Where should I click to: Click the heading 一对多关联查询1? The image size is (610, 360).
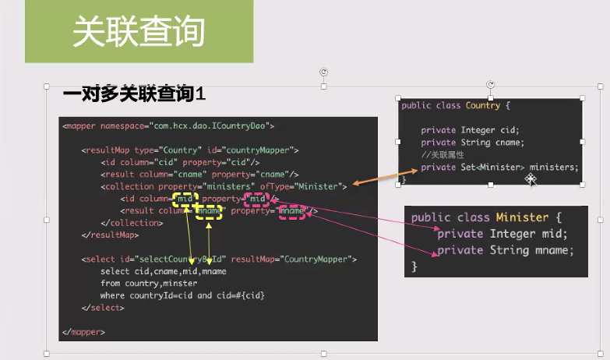[x=133, y=94]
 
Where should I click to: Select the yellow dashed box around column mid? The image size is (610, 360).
[x=185, y=199]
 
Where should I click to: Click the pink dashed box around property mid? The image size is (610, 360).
[x=258, y=199]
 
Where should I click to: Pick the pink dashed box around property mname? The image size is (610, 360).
[x=292, y=211]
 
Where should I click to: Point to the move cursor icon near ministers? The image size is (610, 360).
[x=531, y=179]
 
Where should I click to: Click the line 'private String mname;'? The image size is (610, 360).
[x=505, y=250]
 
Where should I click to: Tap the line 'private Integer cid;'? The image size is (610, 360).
[x=470, y=130]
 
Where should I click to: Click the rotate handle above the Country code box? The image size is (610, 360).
[x=491, y=85]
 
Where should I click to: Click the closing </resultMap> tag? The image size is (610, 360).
[x=109, y=234]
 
